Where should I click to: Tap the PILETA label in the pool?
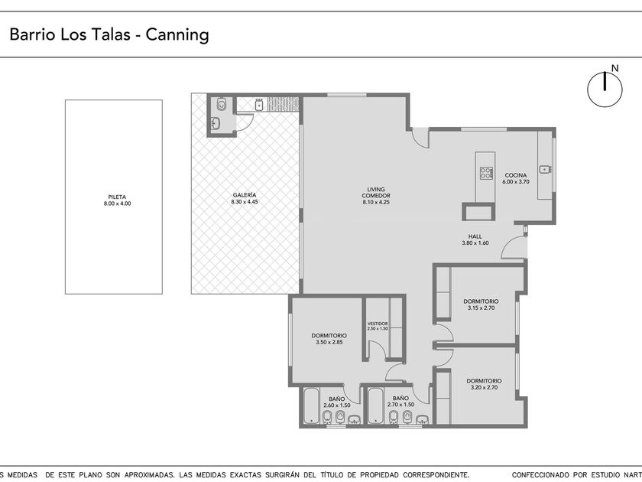coord(117,197)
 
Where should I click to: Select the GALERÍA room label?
coord(245,195)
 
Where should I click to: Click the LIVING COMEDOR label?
coord(376,193)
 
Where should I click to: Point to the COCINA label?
coord(515,175)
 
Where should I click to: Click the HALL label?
coord(475,236)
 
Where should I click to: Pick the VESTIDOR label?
coord(378,324)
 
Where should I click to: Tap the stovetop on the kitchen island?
coord(485,173)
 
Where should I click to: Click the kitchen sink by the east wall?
coord(545,169)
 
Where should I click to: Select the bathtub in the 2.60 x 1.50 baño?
coord(311,405)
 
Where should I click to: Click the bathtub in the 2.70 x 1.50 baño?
coord(375,405)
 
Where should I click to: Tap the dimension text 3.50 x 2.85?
coord(329,342)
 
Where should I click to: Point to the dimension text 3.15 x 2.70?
coord(481,308)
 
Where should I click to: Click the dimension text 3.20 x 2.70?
coord(484,387)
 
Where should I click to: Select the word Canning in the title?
coord(177,34)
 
